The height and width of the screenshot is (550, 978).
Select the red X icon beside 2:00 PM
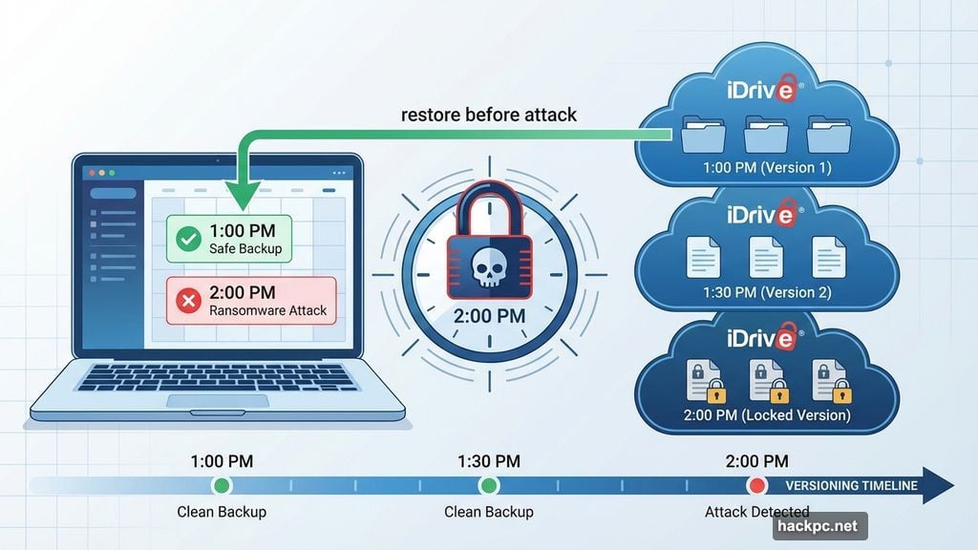[188, 301]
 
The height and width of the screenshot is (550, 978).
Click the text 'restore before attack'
[488, 115]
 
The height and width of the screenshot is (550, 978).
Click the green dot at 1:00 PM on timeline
[222, 485]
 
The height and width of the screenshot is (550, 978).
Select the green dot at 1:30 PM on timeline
[488, 485]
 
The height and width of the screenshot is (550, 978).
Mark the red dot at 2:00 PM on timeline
[756, 485]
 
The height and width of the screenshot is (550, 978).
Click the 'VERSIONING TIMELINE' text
[851, 485]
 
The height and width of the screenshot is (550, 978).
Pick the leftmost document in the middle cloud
[703, 257]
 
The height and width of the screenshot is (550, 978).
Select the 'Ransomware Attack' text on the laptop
[267, 310]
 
